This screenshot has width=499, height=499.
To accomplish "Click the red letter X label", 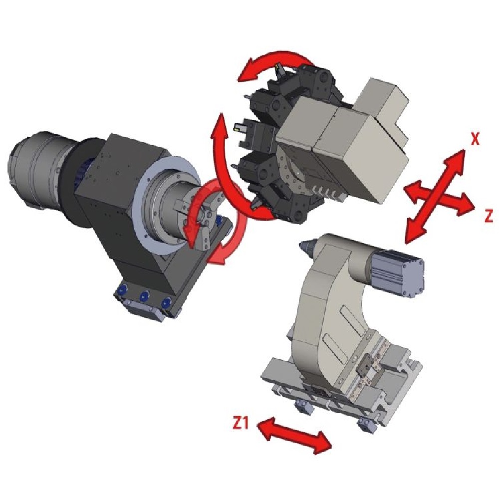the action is pos(475,139).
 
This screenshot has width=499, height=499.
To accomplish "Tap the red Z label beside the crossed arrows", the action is pos(489,216).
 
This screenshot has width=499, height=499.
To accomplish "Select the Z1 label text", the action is pos(241,423).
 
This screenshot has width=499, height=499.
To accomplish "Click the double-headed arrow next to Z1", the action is pos(293,435).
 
